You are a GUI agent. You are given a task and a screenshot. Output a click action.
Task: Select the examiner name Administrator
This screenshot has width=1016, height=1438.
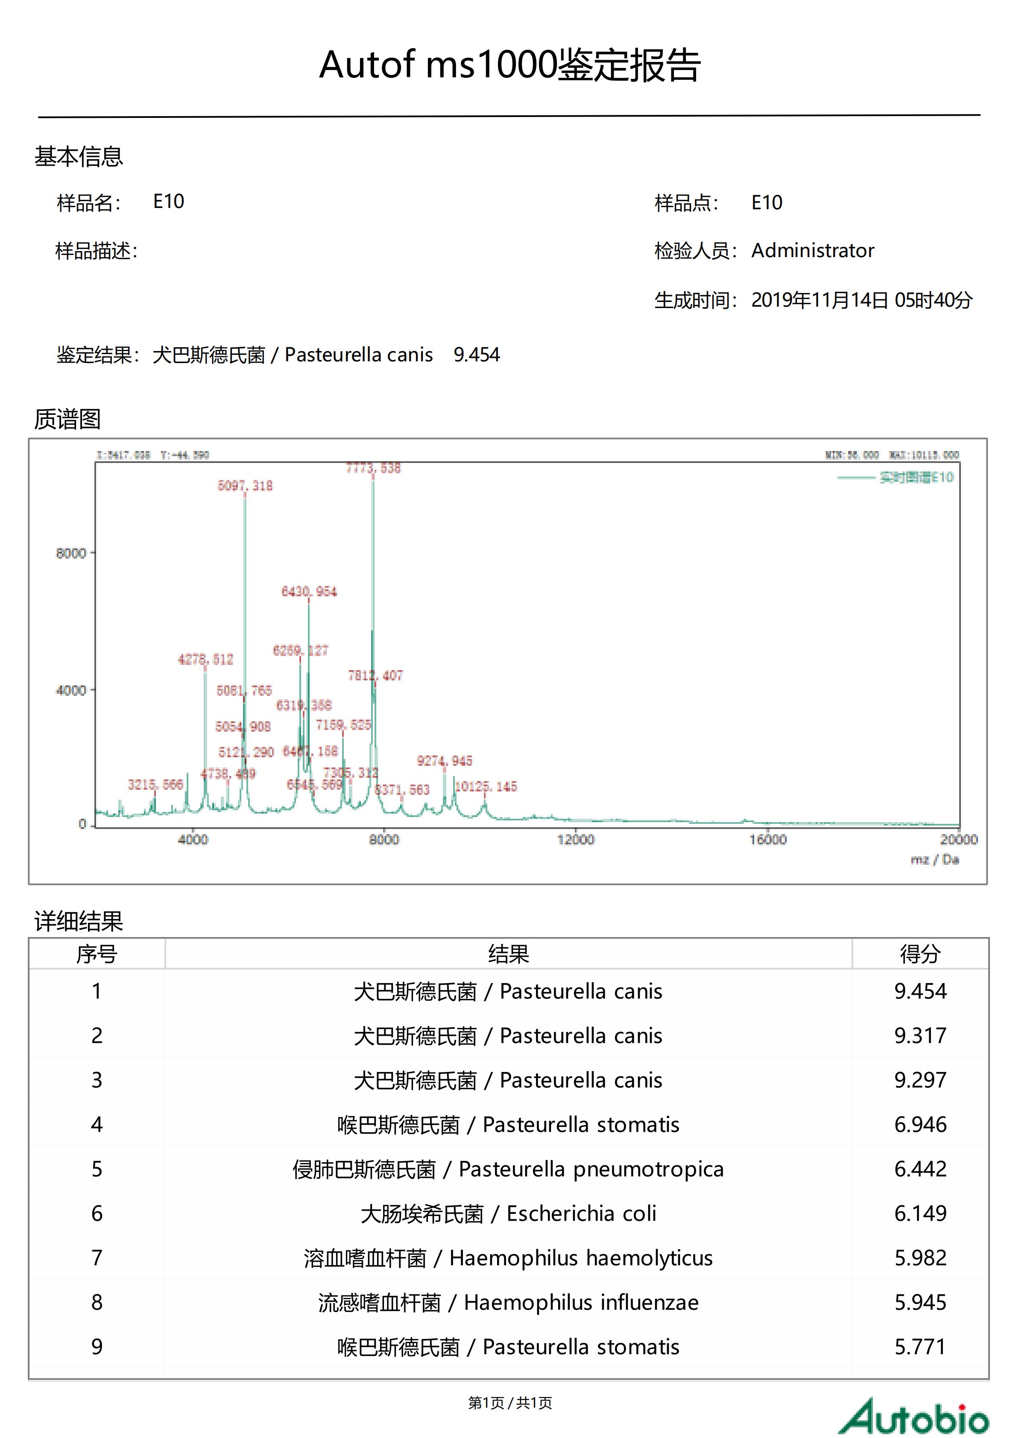point(812,251)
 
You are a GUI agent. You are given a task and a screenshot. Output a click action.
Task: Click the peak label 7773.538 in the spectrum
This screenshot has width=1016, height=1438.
point(373,468)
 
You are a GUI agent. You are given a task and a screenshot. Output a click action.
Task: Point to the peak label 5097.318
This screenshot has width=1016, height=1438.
point(245,486)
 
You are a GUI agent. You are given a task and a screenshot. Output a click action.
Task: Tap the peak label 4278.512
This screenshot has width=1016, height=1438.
point(205,659)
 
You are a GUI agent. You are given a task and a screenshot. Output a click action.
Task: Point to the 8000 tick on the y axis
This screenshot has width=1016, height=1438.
point(71,553)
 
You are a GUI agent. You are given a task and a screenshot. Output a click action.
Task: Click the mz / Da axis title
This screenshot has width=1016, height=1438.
point(934,859)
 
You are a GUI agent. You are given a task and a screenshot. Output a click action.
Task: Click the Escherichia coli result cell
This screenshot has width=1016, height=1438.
point(508,1213)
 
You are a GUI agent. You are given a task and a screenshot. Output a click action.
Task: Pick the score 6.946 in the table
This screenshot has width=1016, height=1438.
point(919,1124)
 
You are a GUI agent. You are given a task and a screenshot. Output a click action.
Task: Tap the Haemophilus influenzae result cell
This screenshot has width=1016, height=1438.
point(508,1302)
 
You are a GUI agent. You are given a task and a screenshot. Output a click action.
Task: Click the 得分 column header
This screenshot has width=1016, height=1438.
point(919,954)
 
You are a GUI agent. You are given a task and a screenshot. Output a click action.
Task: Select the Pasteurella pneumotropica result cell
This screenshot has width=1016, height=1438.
point(508,1169)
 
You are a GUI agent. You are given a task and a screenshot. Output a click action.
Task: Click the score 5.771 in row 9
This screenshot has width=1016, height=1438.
point(919,1347)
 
